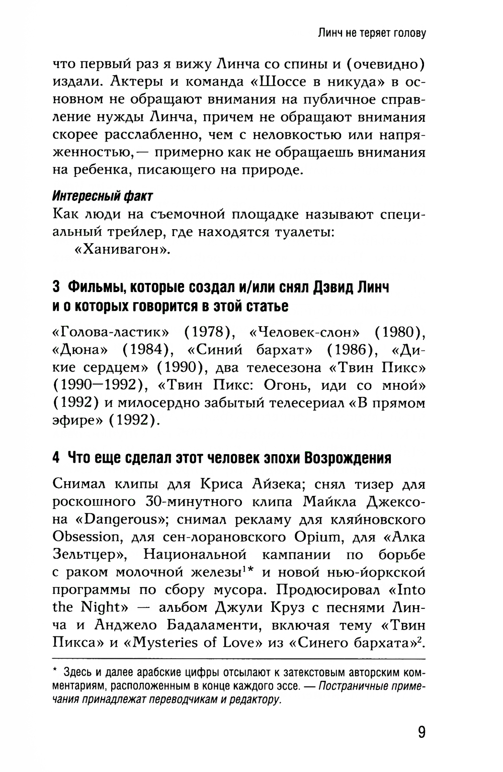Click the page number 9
pyautogui.click(x=421, y=731)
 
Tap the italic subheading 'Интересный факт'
pyautogui.click(x=103, y=195)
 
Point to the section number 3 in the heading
pyautogui.click(x=56, y=288)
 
